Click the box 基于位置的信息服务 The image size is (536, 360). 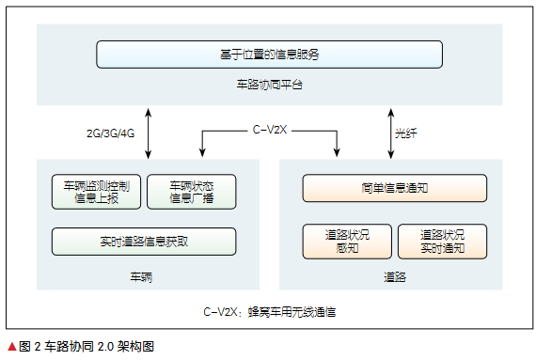[x=269, y=55]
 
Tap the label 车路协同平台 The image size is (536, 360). [x=269, y=86]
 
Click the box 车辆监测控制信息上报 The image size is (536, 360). [x=96, y=191]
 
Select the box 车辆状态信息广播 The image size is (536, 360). [x=192, y=191]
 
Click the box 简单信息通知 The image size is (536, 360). [x=395, y=187]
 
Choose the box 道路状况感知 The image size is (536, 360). [x=346, y=242]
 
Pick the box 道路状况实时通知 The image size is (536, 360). [x=443, y=242]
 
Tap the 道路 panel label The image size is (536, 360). [x=395, y=277]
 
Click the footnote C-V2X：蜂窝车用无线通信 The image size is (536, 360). [x=269, y=309]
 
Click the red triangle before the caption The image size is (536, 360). [x=11, y=346]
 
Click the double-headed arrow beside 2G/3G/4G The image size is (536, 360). [x=150, y=132]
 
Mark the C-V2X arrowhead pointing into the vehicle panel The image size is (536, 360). [x=202, y=153]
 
